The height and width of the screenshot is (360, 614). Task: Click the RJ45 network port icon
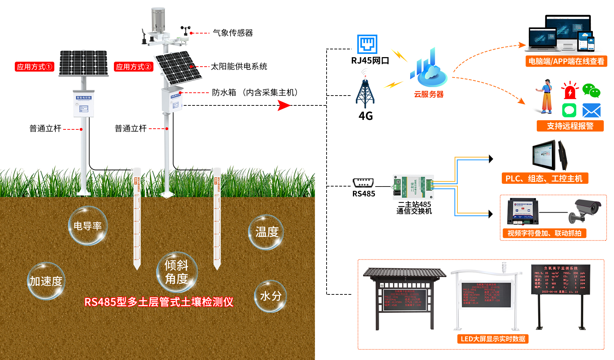(x=367, y=44)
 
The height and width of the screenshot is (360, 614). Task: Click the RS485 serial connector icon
(x=363, y=183)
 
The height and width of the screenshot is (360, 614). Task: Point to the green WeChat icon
(x=591, y=90)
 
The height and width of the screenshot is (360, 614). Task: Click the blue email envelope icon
(x=591, y=110)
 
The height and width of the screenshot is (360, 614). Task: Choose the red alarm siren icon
(x=570, y=90)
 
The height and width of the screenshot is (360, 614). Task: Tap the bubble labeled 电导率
(x=88, y=226)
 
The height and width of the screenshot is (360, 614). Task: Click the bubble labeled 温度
(x=266, y=232)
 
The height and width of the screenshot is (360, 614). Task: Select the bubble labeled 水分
(x=270, y=296)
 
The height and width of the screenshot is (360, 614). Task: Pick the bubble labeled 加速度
(x=46, y=281)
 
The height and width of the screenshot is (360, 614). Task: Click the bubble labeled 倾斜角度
(x=177, y=272)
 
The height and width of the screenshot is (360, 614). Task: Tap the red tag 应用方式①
(x=34, y=67)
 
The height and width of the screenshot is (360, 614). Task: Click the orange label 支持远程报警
(x=570, y=126)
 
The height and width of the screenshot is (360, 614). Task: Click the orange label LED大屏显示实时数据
(x=493, y=339)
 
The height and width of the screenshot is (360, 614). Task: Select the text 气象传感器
(x=233, y=33)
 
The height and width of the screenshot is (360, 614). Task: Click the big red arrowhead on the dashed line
(x=284, y=105)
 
